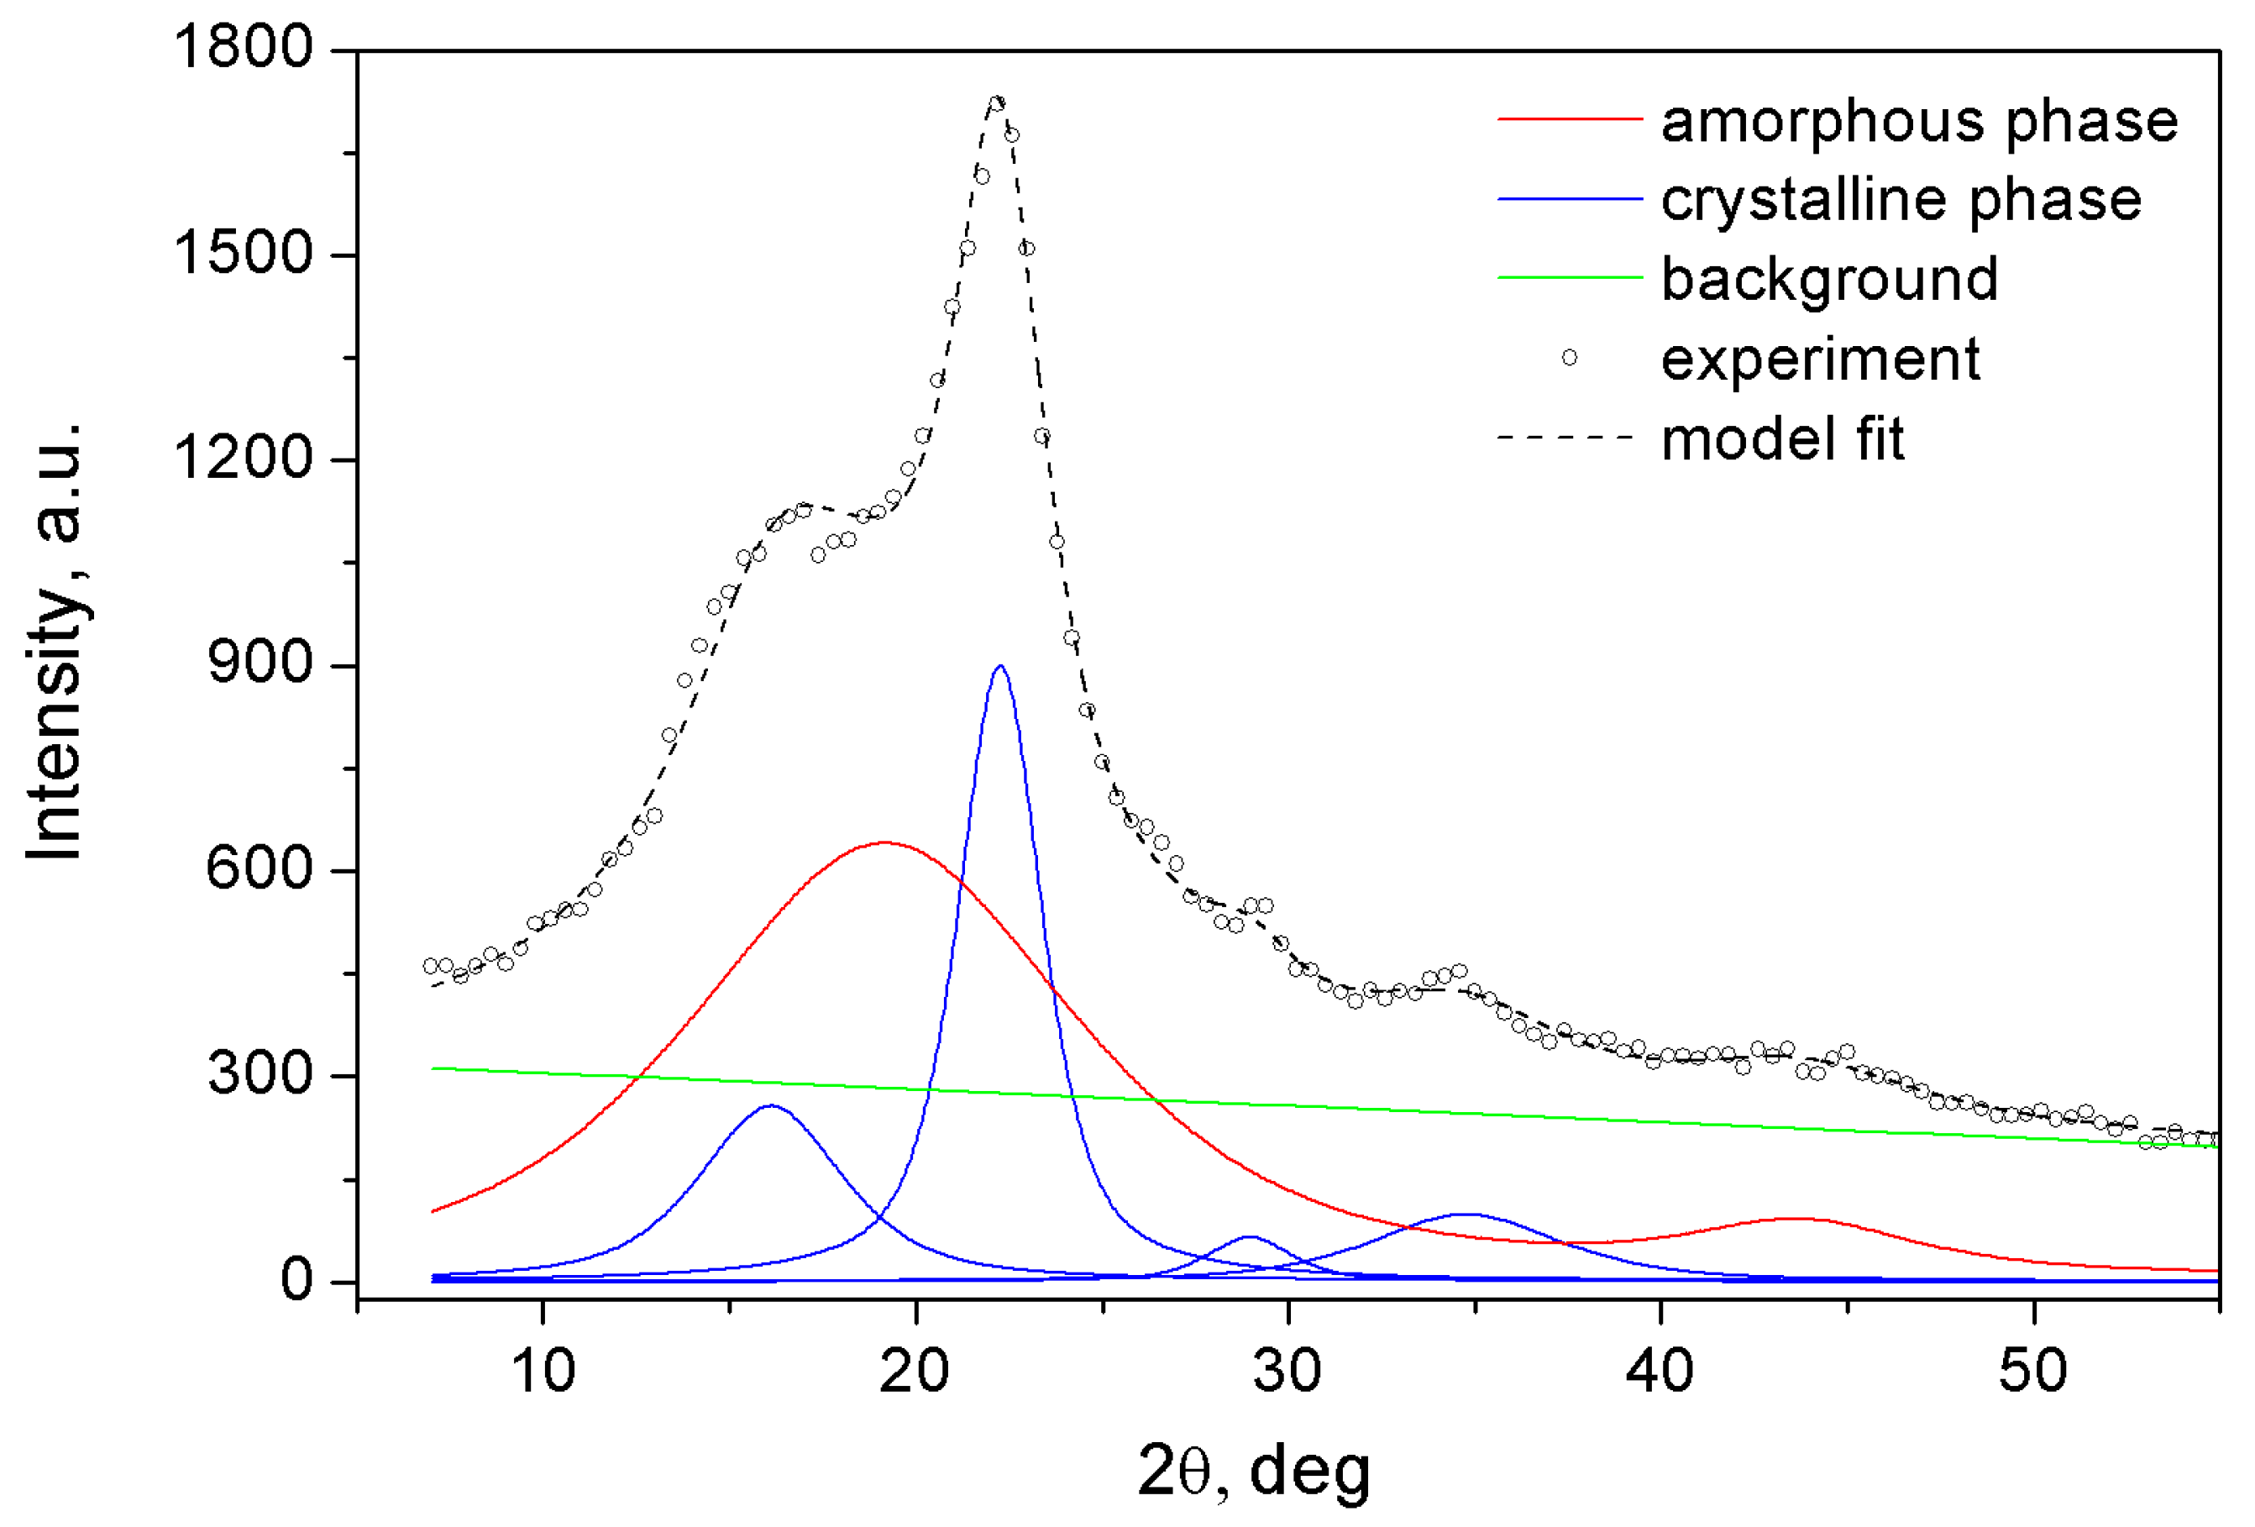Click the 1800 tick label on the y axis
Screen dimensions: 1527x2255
(243, 46)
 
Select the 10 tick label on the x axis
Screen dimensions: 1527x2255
(543, 1372)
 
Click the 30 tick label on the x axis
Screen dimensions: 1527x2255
(1287, 1372)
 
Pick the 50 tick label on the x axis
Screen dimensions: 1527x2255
(2032, 1372)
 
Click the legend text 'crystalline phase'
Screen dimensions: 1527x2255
(1901, 200)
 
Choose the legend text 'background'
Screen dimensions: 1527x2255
(1829, 280)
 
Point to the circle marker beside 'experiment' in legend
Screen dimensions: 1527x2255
(1569, 358)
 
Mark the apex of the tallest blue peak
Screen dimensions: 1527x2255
(1000, 666)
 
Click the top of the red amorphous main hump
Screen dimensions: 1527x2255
(885, 842)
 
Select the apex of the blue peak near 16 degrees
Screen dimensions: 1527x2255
(770, 1105)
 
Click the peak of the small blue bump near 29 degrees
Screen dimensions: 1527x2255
(1250, 1237)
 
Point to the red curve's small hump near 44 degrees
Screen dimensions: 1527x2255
(1797, 1219)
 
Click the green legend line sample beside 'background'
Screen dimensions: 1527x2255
(1569, 277)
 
